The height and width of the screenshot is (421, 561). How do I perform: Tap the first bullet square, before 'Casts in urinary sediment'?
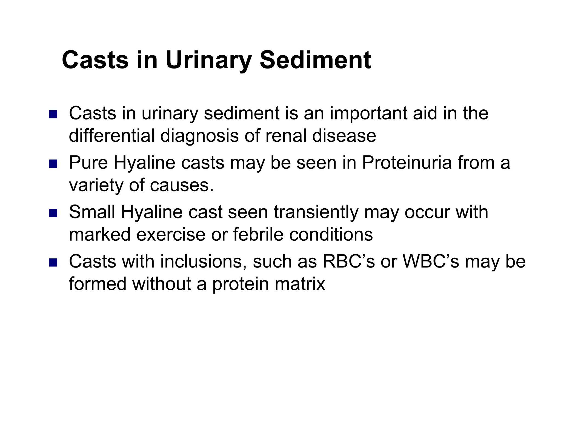[53, 114]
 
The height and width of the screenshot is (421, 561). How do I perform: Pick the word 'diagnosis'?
[199, 136]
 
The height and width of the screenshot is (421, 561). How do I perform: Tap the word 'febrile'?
[258, 235]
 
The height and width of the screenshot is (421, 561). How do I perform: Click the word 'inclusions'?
[201, 261]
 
